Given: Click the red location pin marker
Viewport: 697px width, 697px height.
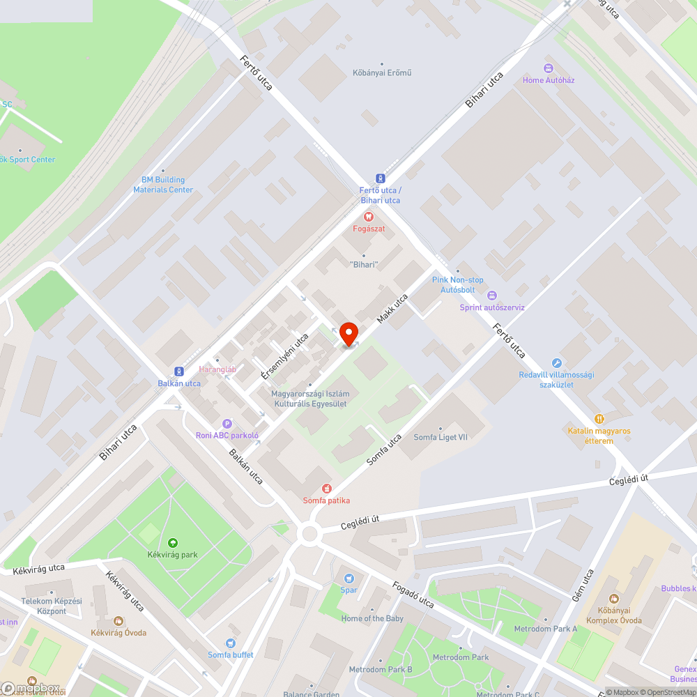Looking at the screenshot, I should point(348,334).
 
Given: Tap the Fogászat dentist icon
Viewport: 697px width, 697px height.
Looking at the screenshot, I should point(369,216).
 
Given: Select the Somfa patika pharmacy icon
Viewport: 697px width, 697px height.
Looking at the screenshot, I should point(326,489).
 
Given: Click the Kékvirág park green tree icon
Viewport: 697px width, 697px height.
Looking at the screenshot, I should point(172,543).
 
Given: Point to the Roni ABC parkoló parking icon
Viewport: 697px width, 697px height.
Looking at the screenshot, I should point(227,424).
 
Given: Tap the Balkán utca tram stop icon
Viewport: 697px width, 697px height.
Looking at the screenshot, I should point(178,372).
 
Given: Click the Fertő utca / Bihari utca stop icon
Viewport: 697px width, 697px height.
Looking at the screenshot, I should point(380,178).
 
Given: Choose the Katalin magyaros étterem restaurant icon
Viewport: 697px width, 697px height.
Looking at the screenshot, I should point(599,419).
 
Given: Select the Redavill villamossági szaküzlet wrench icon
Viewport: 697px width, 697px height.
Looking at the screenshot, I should point(556,362).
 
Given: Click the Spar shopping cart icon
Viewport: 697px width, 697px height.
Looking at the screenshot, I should point(349,578).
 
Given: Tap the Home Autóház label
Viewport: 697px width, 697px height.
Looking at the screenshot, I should point(549,80).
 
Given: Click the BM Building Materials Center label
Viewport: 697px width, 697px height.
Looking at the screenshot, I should point(163,185).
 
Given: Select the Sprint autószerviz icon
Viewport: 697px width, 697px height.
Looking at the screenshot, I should point(492,296).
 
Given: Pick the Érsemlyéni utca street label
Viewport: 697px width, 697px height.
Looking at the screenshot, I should point(284,355).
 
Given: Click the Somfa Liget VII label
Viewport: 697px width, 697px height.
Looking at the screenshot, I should point(440,437).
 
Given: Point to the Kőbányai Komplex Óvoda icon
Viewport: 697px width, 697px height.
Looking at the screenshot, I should point(613,599).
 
